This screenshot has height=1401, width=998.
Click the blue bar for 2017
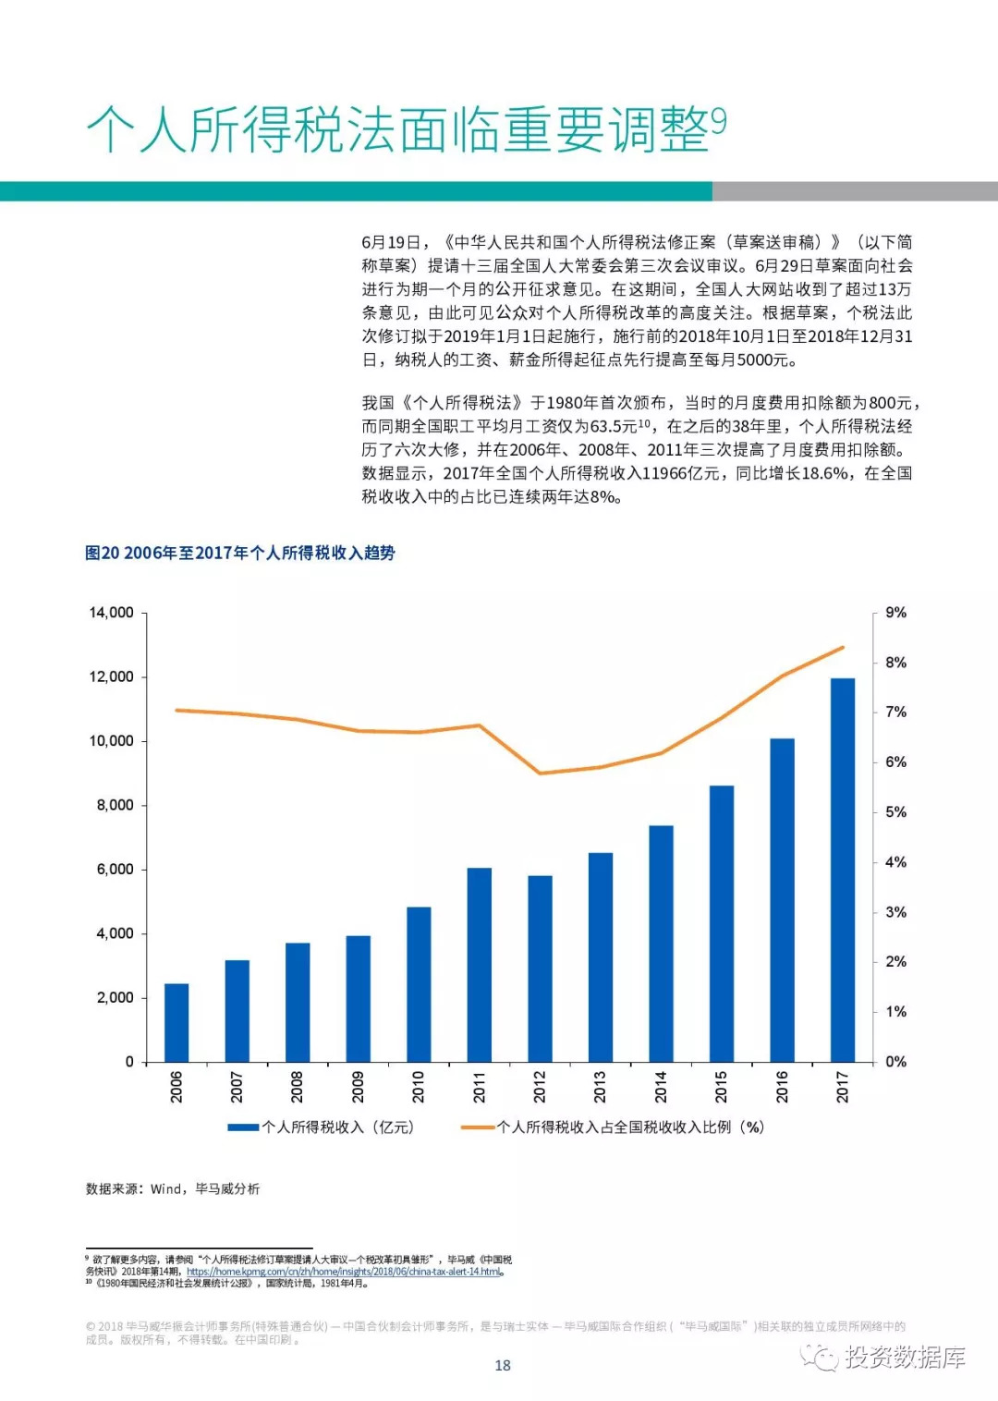842,869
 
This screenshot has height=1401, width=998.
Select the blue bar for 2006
176,1022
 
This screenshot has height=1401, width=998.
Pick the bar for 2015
721,923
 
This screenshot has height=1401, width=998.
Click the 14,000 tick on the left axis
111,613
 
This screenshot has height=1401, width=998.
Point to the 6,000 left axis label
115,870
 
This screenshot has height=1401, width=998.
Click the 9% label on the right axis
895,613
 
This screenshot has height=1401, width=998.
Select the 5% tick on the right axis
895,812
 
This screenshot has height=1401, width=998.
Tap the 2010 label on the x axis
419,1087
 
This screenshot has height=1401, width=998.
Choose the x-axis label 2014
661,1087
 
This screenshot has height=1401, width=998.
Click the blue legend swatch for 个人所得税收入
243,1127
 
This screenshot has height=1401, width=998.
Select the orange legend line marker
478,1127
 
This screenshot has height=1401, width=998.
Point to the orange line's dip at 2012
540,773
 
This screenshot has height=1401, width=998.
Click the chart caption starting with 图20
240,553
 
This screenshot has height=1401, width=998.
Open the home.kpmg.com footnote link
345,1272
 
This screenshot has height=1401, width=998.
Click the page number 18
503,1365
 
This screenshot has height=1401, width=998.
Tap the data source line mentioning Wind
173,1188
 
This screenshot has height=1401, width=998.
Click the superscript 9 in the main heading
719,121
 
